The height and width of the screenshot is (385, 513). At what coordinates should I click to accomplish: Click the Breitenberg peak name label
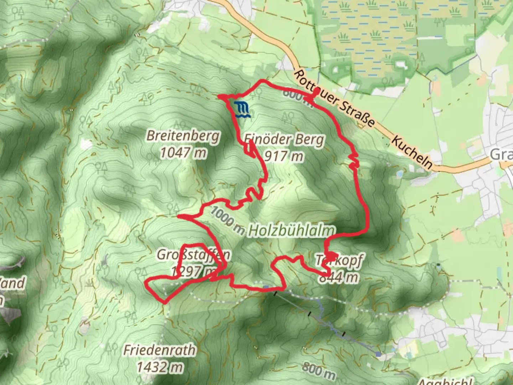(x=183, y=136)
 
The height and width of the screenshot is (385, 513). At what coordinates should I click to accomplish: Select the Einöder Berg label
(x=284, y=139)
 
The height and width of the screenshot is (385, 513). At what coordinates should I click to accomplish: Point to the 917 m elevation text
(x=284, y=156)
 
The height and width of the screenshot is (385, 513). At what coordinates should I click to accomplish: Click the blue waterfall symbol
(x=243, y=110)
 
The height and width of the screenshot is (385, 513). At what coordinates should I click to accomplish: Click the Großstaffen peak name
(x=193, y=255)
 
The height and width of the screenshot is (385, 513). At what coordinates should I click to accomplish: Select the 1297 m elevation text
(x=193, y=272)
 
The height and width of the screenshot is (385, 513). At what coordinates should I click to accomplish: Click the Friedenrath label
(x=159, y=350)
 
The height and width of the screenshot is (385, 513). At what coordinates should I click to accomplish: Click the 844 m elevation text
(x=338, y=277)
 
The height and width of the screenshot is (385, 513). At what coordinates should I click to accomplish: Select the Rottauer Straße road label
(x=334, y=98)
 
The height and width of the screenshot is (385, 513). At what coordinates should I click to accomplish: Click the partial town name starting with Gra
(x=501, y=155)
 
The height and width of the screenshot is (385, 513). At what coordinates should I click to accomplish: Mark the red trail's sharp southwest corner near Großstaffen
(x=165, y=303)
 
